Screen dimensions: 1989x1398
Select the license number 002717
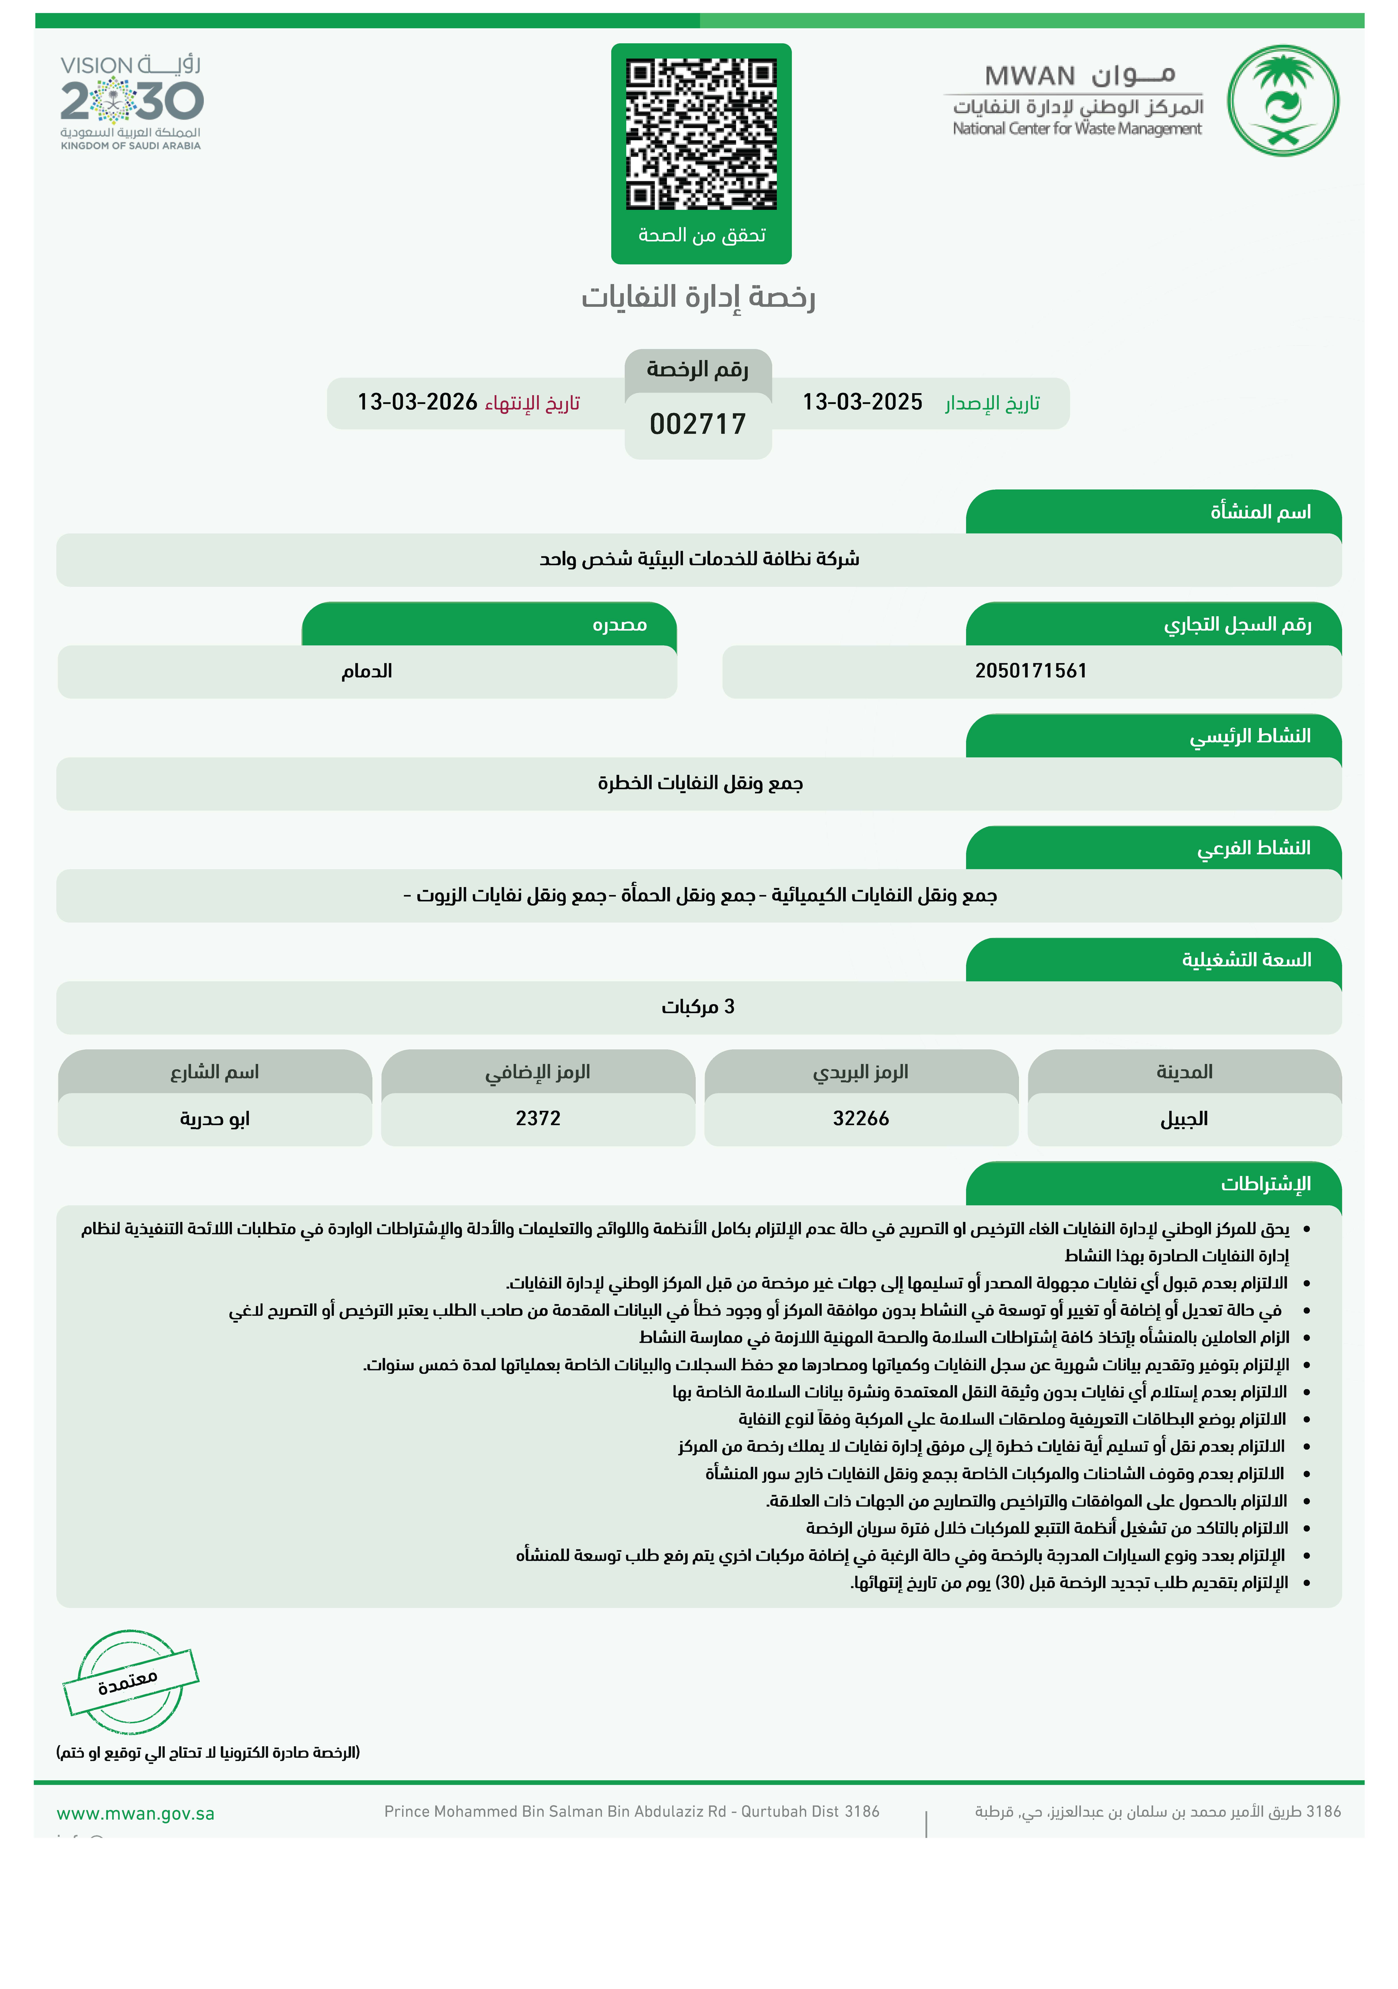coord(697,425)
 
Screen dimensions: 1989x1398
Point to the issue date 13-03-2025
coord(862,402)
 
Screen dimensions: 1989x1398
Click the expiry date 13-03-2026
coord(418,402)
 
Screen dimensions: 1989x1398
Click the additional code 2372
coord(538,1118)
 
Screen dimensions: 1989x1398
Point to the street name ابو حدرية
coord(215,1118)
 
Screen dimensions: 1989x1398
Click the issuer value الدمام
coord(366,671)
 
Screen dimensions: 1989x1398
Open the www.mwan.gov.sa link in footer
coord(135,1813)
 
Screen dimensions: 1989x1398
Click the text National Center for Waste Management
coord(1077,129)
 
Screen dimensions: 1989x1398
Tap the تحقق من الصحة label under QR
coord(702,235)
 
